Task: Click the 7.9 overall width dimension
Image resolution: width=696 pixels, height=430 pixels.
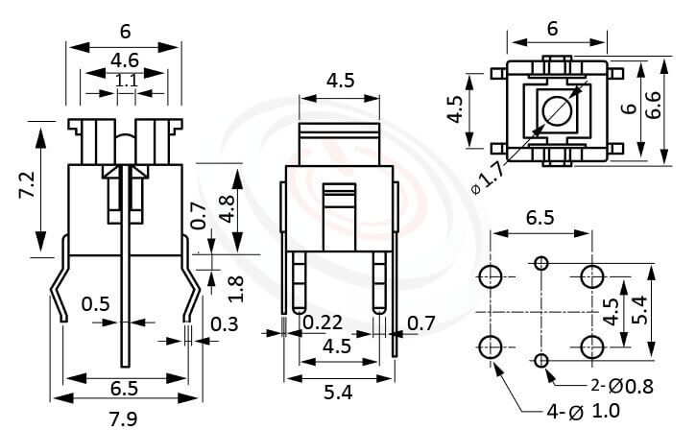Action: (x=123, y=417)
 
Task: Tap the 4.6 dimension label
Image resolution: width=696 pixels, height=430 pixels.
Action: (x=125, y=60)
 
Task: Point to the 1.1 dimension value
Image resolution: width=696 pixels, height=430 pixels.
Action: (x=126, y=83)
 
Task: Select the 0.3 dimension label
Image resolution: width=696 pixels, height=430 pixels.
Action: (x=224, y=325)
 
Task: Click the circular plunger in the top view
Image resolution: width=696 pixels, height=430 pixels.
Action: (x=556, y=111)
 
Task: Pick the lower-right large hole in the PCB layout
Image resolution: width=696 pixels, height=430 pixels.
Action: (x=592, y=346)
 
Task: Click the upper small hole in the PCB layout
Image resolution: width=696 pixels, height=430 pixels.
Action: (x=542, y=263)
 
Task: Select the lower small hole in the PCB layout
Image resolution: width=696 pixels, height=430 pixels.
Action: (x=542, y=360)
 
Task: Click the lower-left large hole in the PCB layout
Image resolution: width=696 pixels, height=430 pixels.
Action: (x=491, y=346)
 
